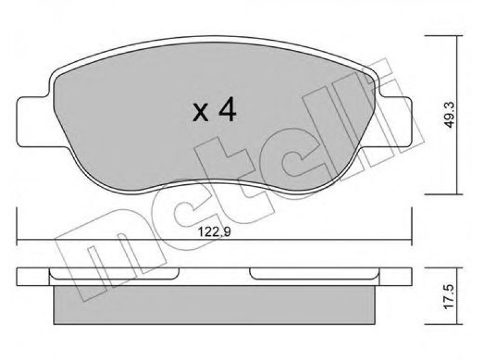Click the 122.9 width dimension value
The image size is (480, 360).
(x=214, y=232)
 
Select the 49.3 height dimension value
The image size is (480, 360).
(x=449, y=115)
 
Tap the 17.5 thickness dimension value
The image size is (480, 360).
(x=449, y=296)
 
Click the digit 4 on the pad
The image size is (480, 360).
(x=227, y=110)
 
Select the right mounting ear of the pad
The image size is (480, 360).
(x=395, y=122)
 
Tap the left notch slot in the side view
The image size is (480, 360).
(x=114, y=274)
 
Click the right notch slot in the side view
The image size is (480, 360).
(x=314, y=274)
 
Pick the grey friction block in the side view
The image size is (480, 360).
(x=214, y=305)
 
